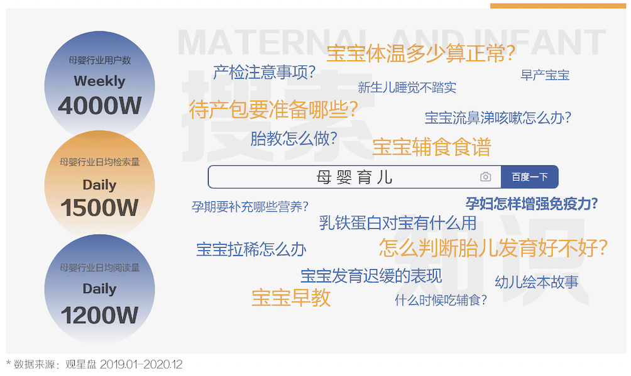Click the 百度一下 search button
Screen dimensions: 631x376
coord(529,177)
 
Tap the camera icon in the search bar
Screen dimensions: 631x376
coord(485,177)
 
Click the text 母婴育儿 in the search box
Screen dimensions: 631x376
coord(354,177)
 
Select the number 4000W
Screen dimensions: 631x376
coord(99,106)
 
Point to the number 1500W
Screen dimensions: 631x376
coord(99,207)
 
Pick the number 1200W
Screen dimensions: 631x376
coord(99,315)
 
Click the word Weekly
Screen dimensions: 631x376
coord(99,81)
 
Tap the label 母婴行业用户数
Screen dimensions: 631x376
coord(99,60)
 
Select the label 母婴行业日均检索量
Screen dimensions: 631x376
coord(99,162)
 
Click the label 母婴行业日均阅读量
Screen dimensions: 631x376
coord(99,268)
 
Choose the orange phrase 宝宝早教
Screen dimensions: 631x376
coord(291,298)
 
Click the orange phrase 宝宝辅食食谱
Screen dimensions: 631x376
coord(431,147)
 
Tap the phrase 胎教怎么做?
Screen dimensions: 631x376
coord(294,138)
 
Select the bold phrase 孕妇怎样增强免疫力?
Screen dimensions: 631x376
coord(532,204)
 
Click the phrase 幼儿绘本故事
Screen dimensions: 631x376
coord(537,282)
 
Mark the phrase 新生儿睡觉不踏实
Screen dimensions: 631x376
coord(407,87)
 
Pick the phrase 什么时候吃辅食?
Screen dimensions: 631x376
coord(441,300)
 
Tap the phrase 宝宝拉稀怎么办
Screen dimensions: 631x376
coord(251,250)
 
